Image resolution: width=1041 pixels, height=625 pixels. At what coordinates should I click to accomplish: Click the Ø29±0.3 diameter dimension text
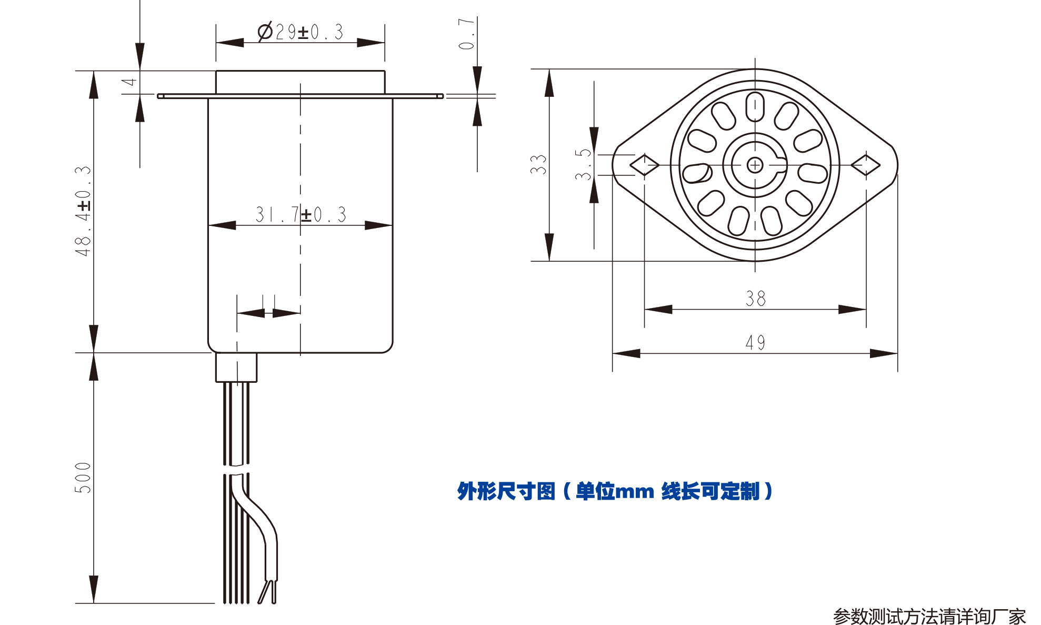point(301,32)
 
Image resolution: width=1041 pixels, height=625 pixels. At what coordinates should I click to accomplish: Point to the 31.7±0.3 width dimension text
point(301,214)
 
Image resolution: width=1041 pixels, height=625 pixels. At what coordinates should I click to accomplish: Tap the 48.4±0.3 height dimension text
point(83,211)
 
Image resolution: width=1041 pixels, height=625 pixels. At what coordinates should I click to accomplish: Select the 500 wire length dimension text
point(83,478)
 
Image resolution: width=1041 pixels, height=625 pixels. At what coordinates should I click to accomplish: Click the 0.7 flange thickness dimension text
point(467,34)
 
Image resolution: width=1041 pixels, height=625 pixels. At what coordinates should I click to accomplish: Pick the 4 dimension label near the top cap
point(129,82)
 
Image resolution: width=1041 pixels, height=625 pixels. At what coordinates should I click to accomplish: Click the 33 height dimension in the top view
point(538,164)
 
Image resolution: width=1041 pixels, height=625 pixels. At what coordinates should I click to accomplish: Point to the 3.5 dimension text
point(583,164)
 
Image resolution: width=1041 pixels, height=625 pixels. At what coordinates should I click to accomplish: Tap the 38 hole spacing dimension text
point(755,299)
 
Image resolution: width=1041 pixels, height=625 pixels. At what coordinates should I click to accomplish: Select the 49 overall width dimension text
point(755,343)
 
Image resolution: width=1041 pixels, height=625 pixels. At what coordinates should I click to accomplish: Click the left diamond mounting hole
point(644,165)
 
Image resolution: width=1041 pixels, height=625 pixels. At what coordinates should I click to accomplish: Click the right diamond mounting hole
point(866,165)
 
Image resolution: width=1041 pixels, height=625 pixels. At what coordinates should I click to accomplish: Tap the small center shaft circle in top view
point(755,165)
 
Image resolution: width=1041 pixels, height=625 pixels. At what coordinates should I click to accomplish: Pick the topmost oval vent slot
point(755,106)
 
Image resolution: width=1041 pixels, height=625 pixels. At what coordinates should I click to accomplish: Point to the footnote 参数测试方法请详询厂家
point(929,616)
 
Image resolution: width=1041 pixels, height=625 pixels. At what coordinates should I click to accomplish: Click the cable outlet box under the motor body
point(236,368)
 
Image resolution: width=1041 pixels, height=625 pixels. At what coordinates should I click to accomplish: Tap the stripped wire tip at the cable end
point(267,592)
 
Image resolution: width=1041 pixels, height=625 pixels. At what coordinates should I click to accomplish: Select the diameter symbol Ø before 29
point(265,32)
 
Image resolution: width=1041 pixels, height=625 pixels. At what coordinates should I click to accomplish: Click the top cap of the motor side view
point(300,82)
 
